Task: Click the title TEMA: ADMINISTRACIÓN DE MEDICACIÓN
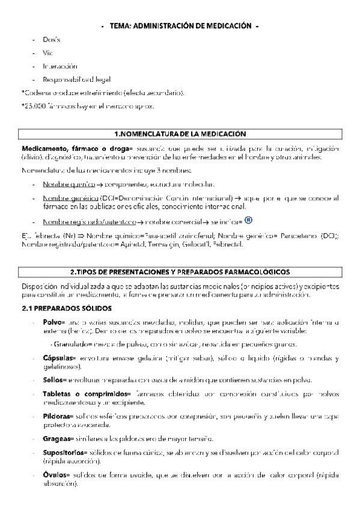[x=180, y=26]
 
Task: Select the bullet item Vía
[x=47, y=53]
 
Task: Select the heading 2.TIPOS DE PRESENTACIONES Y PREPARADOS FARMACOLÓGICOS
[x=180, y=272]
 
